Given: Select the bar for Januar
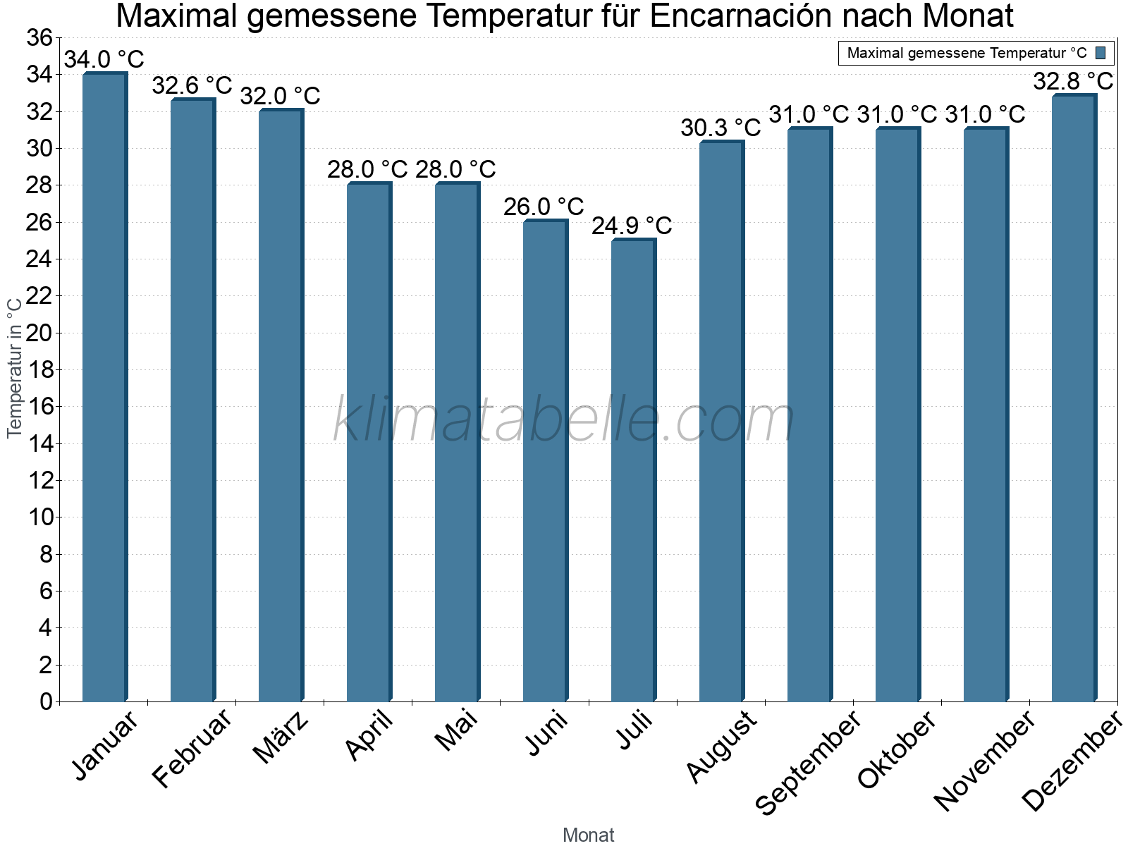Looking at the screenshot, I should (104, 388).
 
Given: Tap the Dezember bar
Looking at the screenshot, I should (1074, 398).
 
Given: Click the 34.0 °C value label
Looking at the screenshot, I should (104, 59).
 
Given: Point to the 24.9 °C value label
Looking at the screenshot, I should (632, 226).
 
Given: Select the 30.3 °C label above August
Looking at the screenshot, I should (721, 128).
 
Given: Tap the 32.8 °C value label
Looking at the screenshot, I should (1073, 82).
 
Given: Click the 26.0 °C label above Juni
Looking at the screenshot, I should (544, 207).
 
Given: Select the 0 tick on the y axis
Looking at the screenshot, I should (47, 701).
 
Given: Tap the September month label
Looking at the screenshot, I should (808, 764).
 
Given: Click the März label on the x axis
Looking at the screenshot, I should (281, 737).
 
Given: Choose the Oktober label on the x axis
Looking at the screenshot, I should (897, 750).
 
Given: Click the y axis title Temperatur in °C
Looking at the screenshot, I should (15, 367).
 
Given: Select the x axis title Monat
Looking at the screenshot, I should (588, 835).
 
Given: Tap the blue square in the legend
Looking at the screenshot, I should (1101, 53).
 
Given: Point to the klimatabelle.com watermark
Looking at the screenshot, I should (564, 420).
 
